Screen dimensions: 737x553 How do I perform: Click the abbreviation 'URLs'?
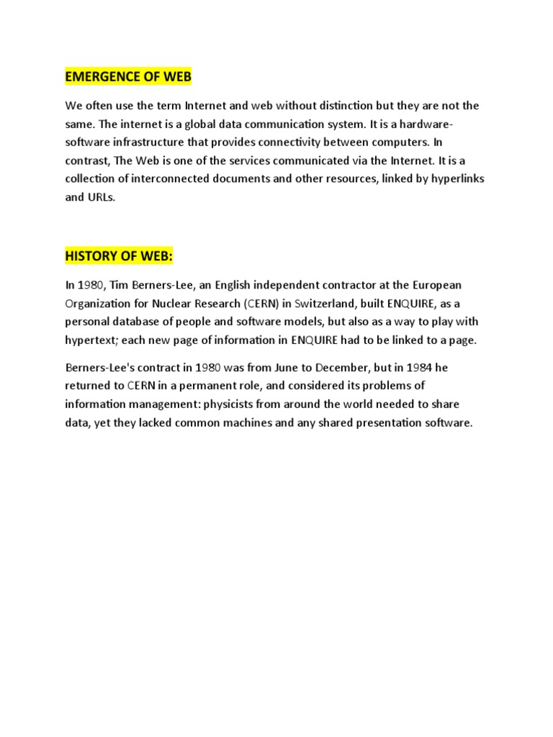[x=101, y=197]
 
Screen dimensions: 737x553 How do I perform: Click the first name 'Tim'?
[x=118, y=285]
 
